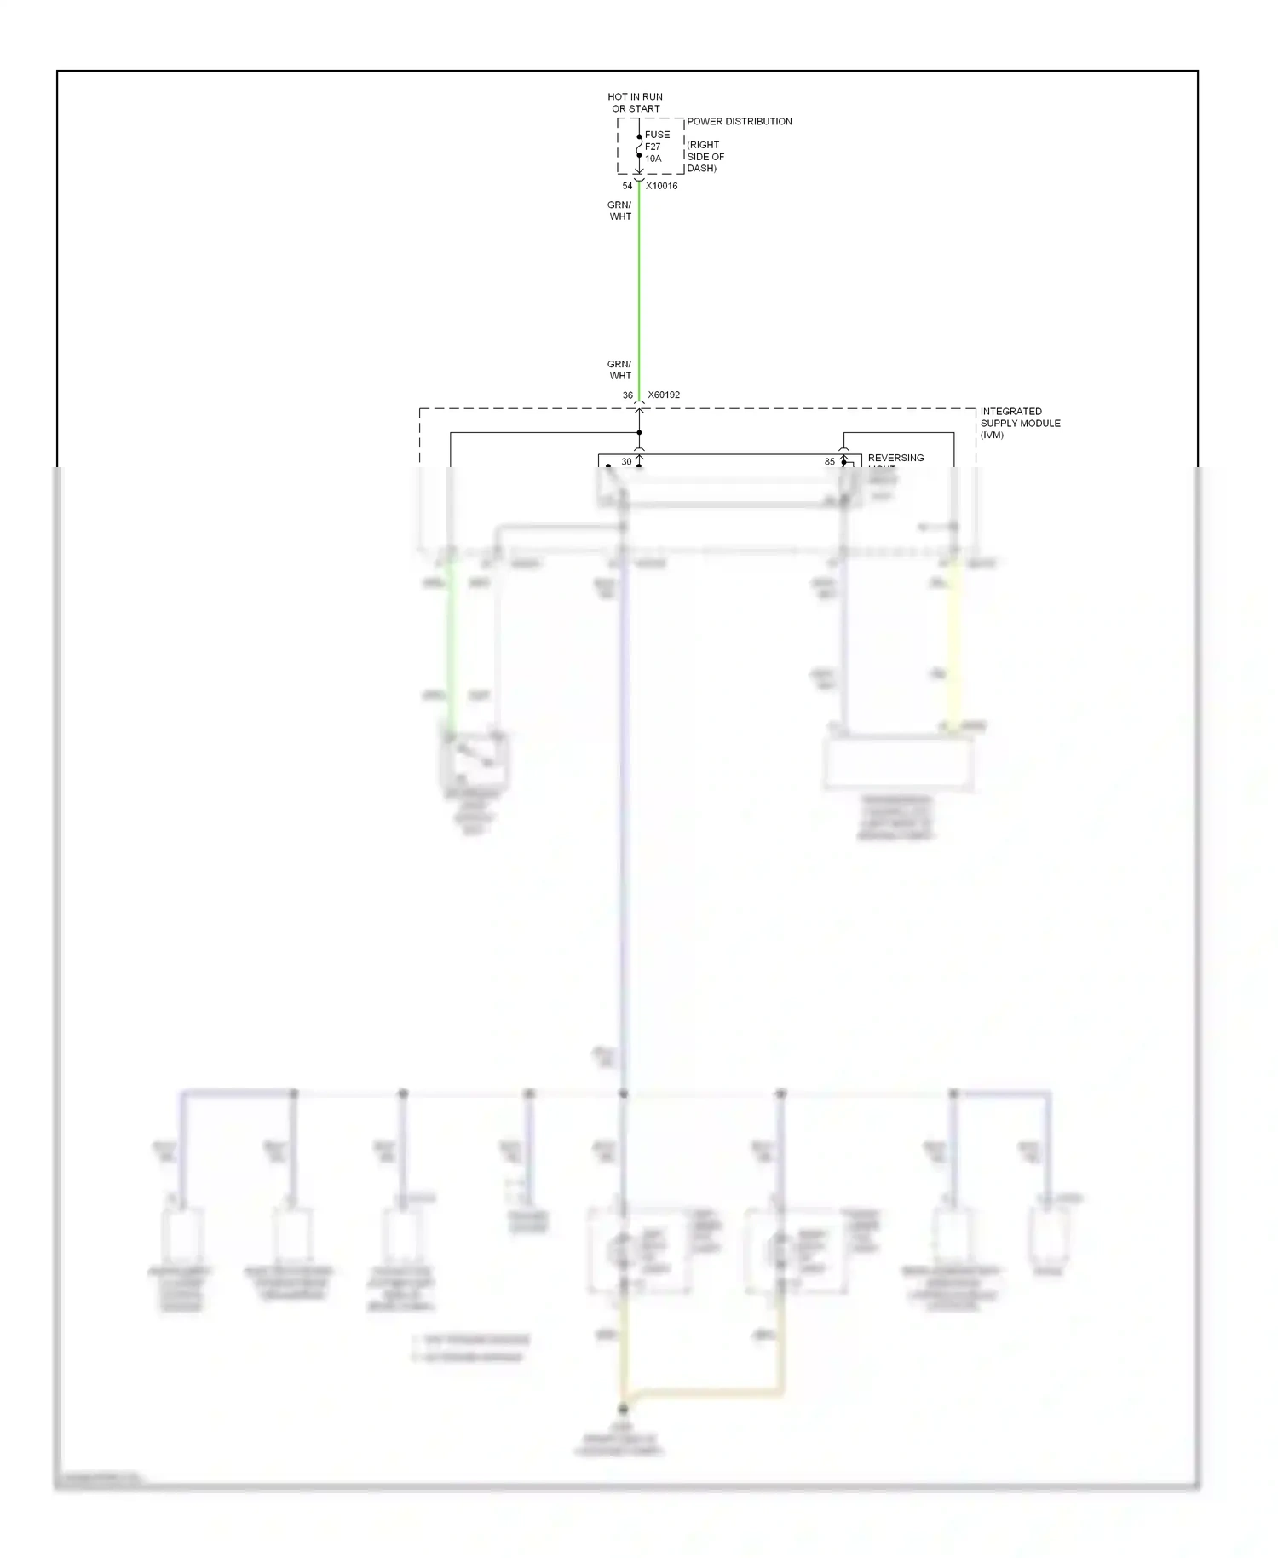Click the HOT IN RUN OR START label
[x=635, y=102]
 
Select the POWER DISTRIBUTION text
[x=739, y=121]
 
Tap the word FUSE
[x=657, y=135]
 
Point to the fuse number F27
[x=653, y=147]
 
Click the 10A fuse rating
[x=653, y=159]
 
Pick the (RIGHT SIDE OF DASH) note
[x=705, y=157]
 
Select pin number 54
[x=627, y=186]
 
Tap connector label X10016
[x=662, y=186]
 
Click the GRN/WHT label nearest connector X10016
[x=619, y=211]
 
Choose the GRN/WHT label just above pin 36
[x=619, y=370]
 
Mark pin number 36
[x=627, y=395]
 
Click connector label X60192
[x=664, y=395]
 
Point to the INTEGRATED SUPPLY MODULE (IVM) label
[x=1020, y=423]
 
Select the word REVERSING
[x=895, y=458]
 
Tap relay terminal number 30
[x=626, y=462]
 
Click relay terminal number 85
[x=830, y=462]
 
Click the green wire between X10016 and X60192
[x=639, y=290]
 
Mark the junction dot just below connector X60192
[x=639, y=433]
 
